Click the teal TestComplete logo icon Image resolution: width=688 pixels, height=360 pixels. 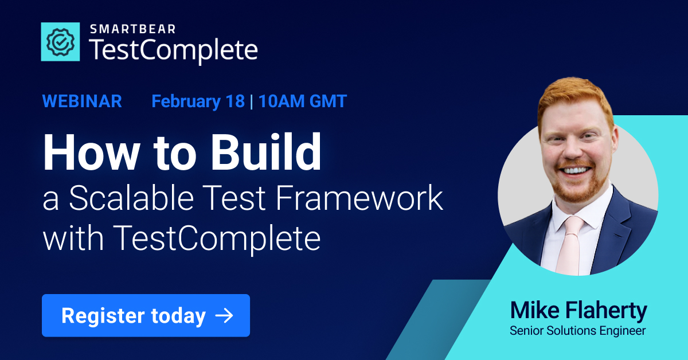pos(60,41)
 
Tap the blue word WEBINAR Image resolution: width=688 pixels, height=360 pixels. pos(82,101)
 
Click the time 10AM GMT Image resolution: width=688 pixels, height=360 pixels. pos(302,101)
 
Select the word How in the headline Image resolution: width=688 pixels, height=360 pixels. pos(85,152)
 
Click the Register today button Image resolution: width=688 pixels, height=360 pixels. pos(146,315)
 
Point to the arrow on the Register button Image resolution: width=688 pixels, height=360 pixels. pos(224,315)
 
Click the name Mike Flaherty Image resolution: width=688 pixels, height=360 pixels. pos(578,311)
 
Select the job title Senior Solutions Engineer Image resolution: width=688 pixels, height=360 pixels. pos(577,331)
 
